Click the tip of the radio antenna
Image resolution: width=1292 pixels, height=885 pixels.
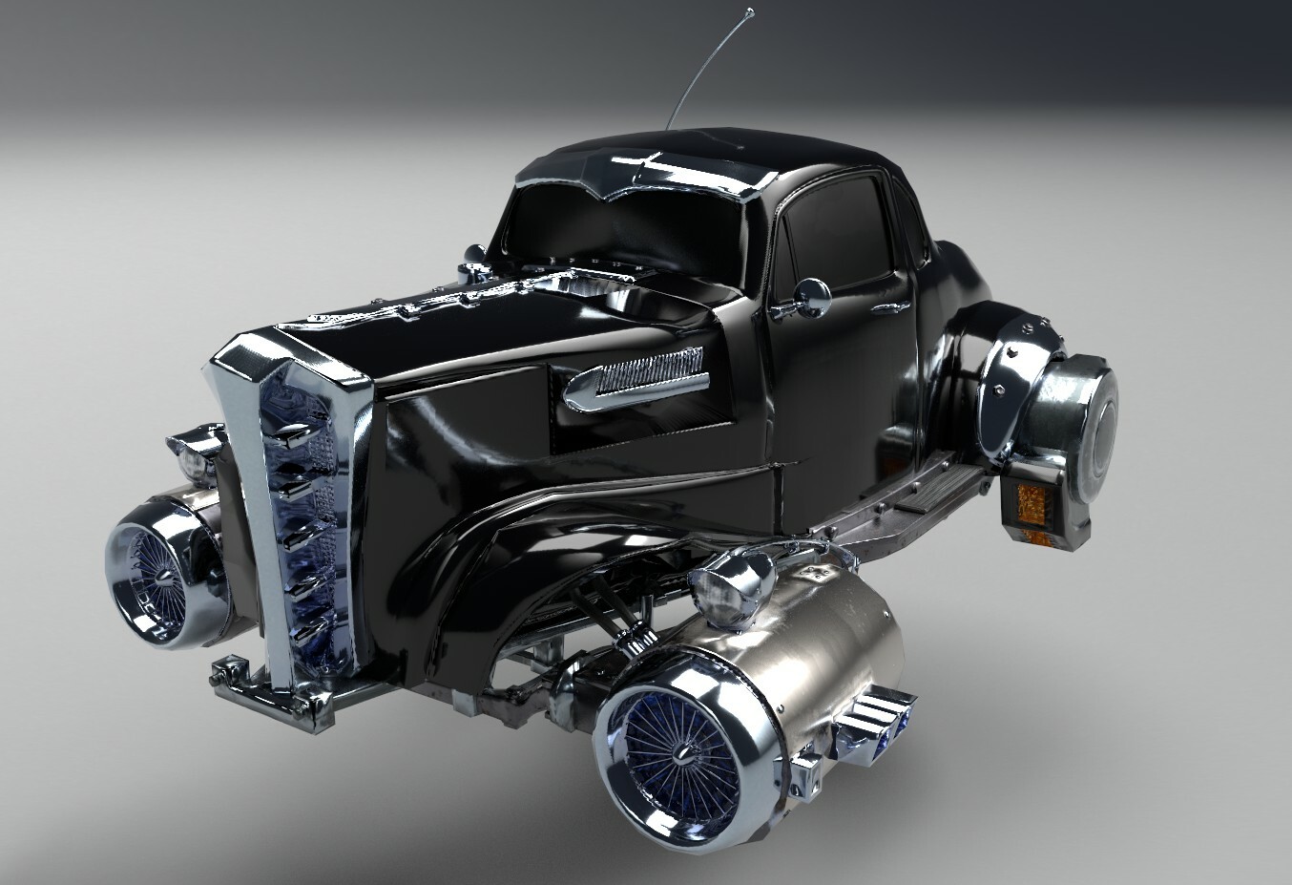point(751,11)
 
